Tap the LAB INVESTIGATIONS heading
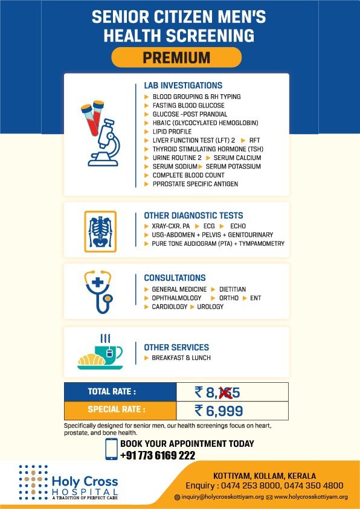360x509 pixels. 183,86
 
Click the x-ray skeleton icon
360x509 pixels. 100,231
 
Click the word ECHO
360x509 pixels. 238,226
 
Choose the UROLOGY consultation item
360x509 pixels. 210,307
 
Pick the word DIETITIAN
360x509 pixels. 233,290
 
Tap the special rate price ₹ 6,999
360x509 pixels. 219,412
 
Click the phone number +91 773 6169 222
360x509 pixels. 158,455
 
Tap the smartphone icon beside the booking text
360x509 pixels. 111,449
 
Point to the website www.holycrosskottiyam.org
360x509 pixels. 310,497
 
